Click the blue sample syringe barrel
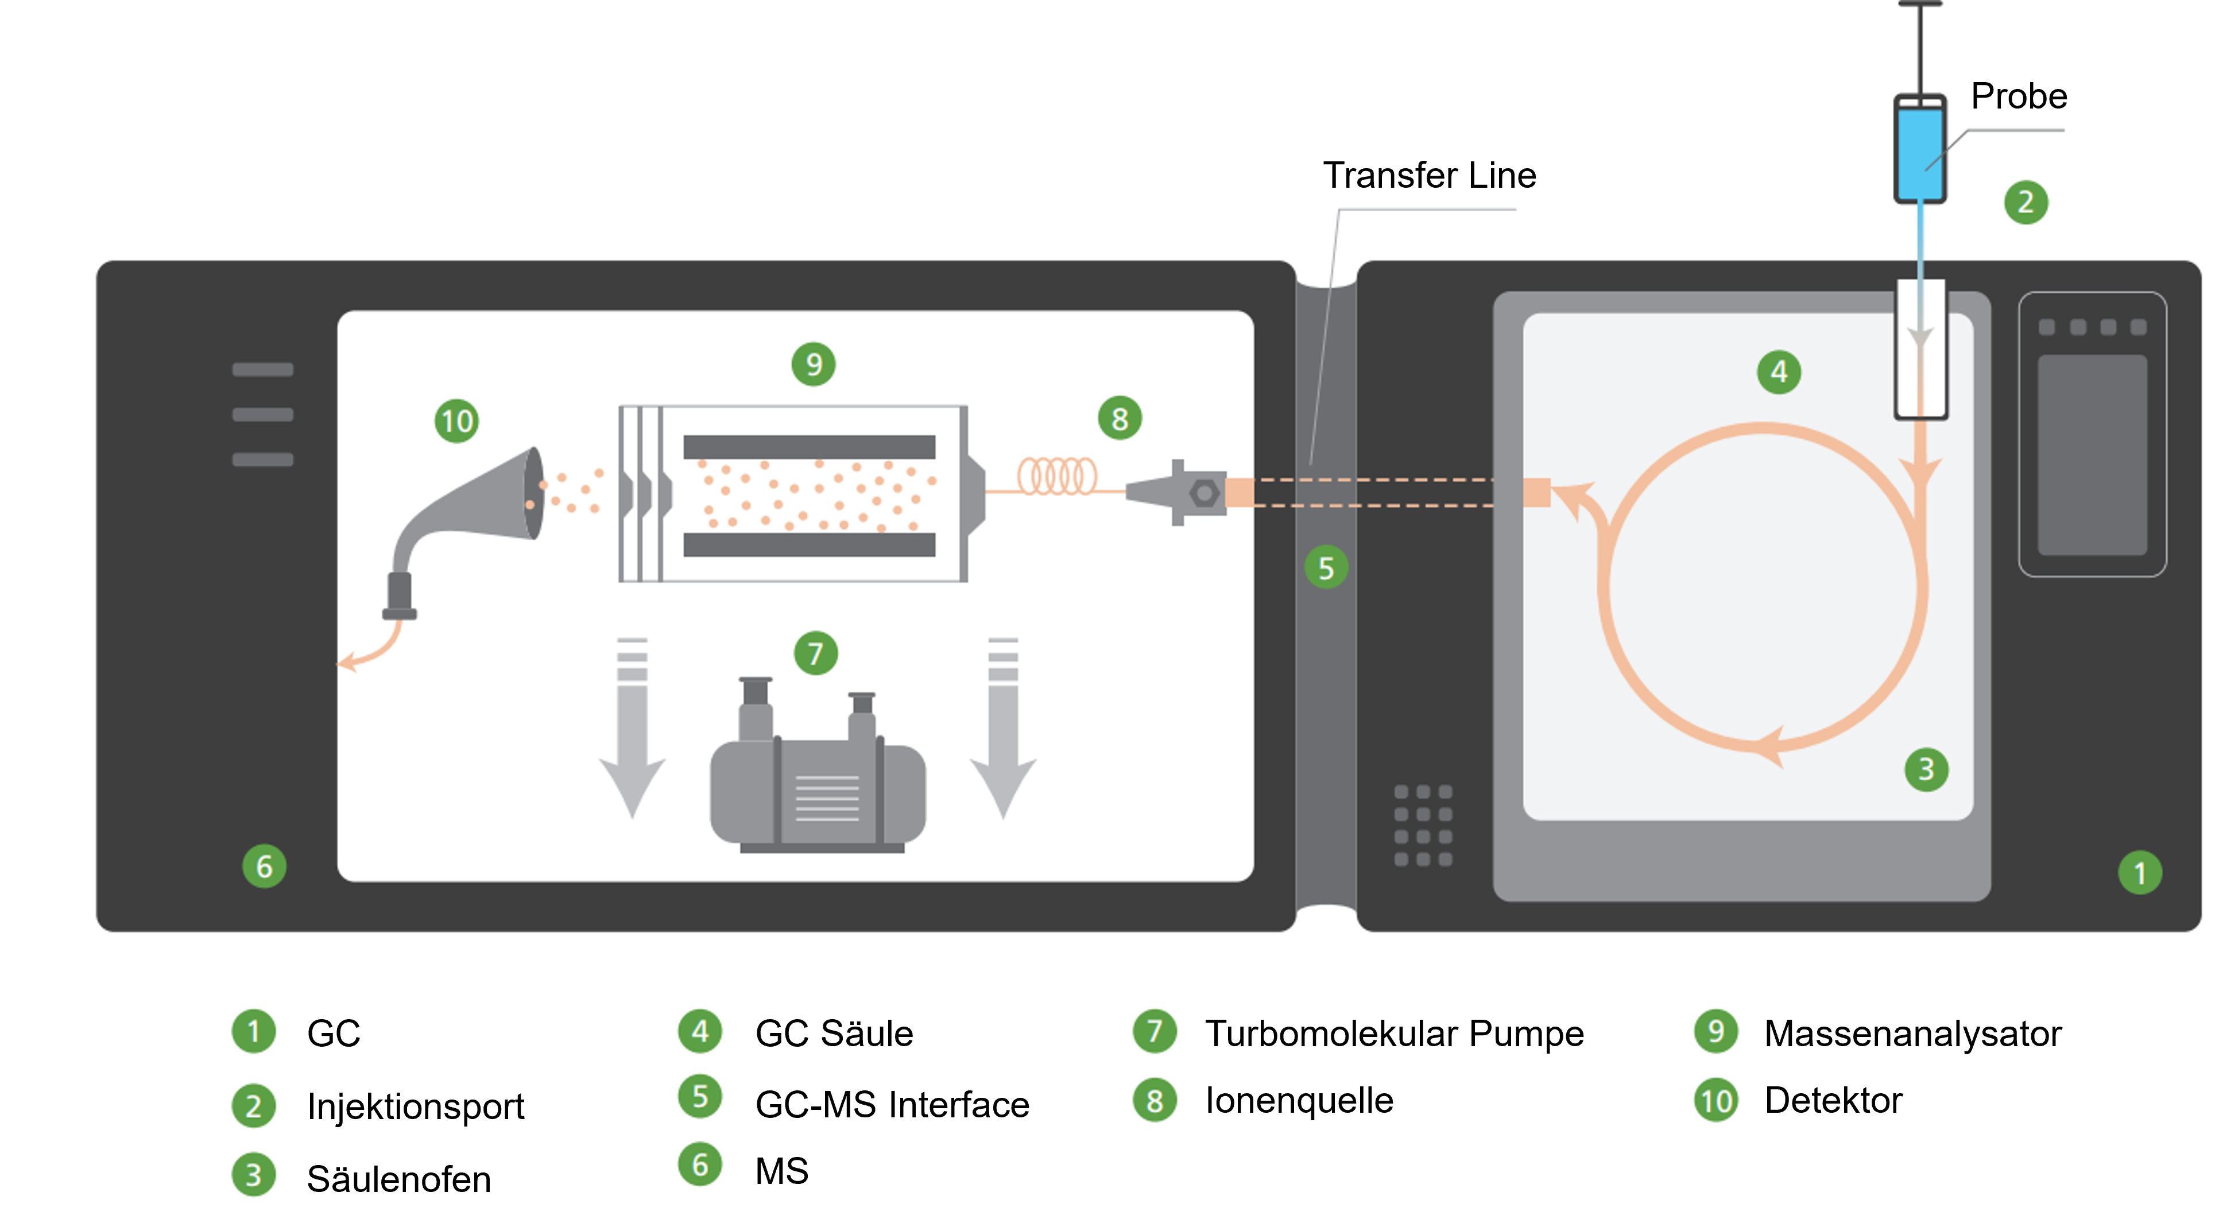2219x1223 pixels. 1919,150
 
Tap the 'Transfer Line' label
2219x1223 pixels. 1429,176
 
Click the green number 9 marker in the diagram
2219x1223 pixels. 813,364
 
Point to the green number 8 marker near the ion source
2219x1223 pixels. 1119,419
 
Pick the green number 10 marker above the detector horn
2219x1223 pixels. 456,421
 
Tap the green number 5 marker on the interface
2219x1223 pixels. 1326,567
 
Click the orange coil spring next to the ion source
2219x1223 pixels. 1057,475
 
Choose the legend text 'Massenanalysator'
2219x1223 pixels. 1912,1034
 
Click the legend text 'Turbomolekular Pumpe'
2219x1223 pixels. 1394,1034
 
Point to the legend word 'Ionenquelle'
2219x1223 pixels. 1299,1101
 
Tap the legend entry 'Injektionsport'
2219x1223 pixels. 415,1107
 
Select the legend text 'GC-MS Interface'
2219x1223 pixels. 892,1105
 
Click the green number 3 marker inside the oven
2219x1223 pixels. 1926,769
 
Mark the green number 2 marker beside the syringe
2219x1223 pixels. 2025,202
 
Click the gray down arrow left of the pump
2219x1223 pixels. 632,732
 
